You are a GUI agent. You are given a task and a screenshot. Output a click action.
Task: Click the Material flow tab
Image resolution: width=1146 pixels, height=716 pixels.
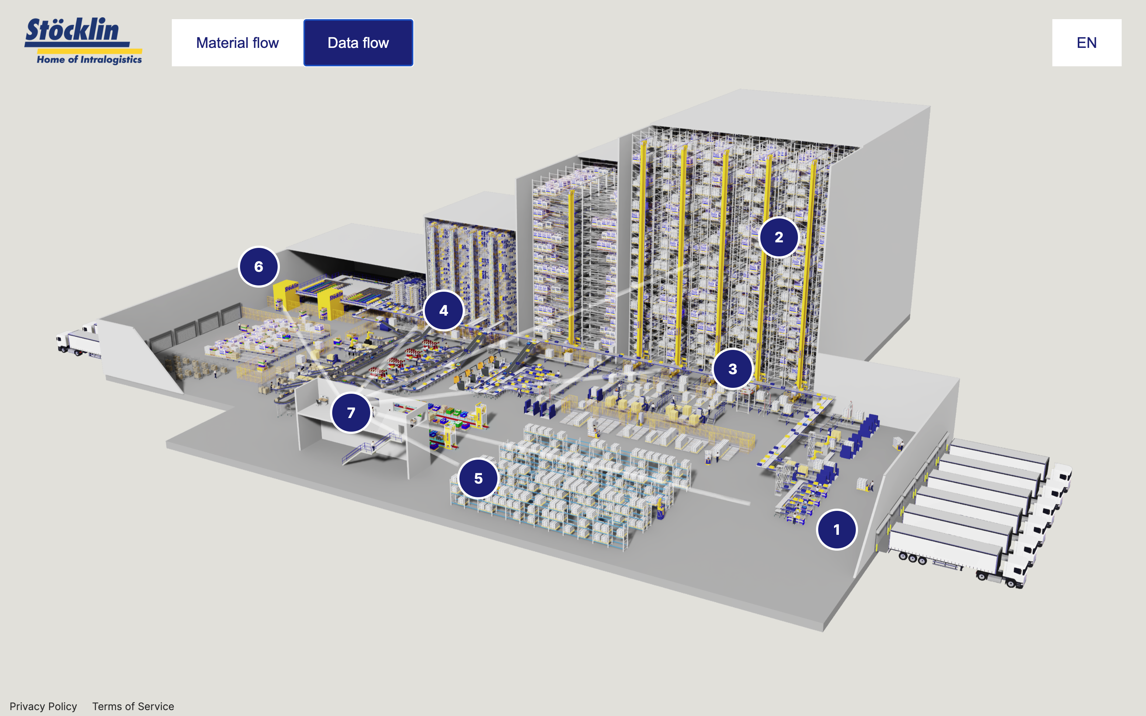[237, 43]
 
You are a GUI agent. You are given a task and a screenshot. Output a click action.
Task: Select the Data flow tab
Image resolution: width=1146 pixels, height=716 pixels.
[358, 43]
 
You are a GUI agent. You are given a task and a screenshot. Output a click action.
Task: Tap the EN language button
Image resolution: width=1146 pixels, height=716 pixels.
[1086, 43]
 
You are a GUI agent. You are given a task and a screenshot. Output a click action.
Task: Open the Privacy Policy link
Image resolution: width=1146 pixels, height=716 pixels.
[43, 706]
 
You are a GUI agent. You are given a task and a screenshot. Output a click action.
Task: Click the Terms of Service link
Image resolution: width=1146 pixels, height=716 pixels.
[133, 706]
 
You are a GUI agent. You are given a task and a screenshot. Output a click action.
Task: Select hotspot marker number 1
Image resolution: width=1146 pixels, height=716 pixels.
[837, 529]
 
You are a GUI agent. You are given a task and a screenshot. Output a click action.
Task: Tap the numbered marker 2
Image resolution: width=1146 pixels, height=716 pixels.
[779, 237]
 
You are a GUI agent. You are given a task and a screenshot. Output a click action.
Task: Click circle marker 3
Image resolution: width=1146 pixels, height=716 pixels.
[733, 369]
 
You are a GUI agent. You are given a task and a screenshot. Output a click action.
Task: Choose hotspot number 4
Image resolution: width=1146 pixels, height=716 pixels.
[444, 310]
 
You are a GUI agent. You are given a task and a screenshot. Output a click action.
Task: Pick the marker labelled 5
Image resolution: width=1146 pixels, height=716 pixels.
[478, 478]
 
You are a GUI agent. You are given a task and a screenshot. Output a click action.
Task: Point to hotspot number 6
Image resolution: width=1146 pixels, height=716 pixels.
[258, 267]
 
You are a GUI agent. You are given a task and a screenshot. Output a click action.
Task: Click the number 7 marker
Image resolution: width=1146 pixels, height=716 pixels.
[351, 413]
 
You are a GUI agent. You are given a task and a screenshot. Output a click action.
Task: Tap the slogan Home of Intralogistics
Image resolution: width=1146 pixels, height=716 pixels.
[89, 59]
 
